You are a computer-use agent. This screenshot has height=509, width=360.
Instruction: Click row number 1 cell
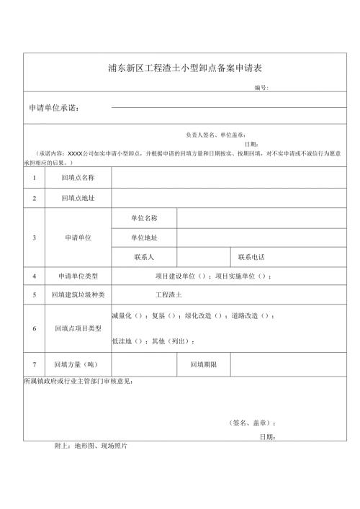[x=34, y=177]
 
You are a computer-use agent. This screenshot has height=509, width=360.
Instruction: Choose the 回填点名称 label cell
[x=78, y=177]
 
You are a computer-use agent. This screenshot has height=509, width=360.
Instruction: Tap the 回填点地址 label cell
[x=78, y=197]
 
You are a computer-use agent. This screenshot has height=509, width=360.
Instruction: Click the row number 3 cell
[x=34, y=237]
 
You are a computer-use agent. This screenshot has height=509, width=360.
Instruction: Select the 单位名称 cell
[x=144, y=217]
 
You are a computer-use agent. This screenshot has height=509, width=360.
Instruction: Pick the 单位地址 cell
[x=144, y=237]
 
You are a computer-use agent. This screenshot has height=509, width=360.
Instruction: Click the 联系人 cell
[x=144, y=257]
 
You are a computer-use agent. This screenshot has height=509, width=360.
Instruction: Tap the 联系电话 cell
[x=253, y=257]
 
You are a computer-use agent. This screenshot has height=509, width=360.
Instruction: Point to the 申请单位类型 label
[x=78, y=276]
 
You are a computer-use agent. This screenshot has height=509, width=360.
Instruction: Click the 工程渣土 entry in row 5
[x=169, y=295]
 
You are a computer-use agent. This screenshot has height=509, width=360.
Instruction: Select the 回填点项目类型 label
[x=78, y=328]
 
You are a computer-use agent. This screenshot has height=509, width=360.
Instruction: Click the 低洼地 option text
[x=121, y=341]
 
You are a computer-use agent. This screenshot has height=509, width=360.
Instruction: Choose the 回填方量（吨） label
[x=78, y=365]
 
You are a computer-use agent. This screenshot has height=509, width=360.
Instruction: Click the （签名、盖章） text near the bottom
[x=247, y=423]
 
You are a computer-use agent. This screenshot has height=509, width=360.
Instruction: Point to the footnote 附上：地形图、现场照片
[x=91, y=446]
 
